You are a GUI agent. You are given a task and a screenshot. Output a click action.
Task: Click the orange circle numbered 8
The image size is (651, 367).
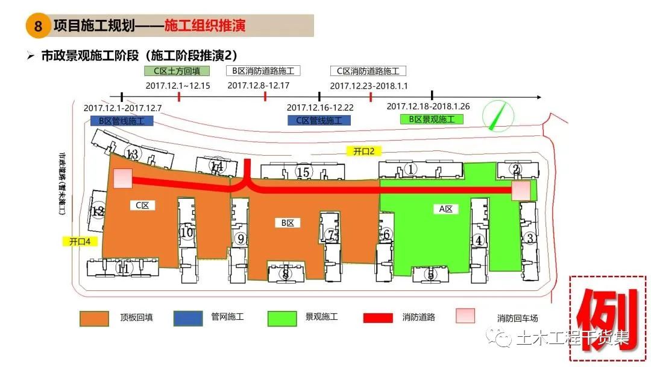39,27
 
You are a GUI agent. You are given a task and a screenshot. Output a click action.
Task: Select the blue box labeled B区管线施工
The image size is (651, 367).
122,120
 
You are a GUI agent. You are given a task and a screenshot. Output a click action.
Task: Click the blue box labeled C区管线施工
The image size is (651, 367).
319,120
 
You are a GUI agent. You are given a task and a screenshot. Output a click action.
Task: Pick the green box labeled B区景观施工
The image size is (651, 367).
432,119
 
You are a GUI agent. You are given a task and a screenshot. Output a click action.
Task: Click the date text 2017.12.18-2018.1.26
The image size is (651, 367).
428,106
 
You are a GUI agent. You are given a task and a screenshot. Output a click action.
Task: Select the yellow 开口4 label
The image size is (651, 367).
80,241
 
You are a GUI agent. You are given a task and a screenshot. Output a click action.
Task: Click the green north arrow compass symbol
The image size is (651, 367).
496,115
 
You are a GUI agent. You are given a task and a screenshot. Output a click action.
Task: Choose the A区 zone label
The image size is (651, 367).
447,209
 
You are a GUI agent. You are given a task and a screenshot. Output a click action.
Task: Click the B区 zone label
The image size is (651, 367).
288,223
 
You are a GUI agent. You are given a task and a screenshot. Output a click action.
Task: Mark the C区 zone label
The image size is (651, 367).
142,205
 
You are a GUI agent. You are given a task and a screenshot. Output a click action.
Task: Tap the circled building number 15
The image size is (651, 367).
304,173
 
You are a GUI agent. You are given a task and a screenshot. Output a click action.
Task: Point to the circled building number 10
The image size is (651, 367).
187,232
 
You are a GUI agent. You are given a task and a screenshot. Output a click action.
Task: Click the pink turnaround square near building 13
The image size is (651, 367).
123,179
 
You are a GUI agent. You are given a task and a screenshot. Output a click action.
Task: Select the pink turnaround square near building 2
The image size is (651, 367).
521,190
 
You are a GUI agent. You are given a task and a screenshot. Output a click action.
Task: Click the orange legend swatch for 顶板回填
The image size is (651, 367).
95,318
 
